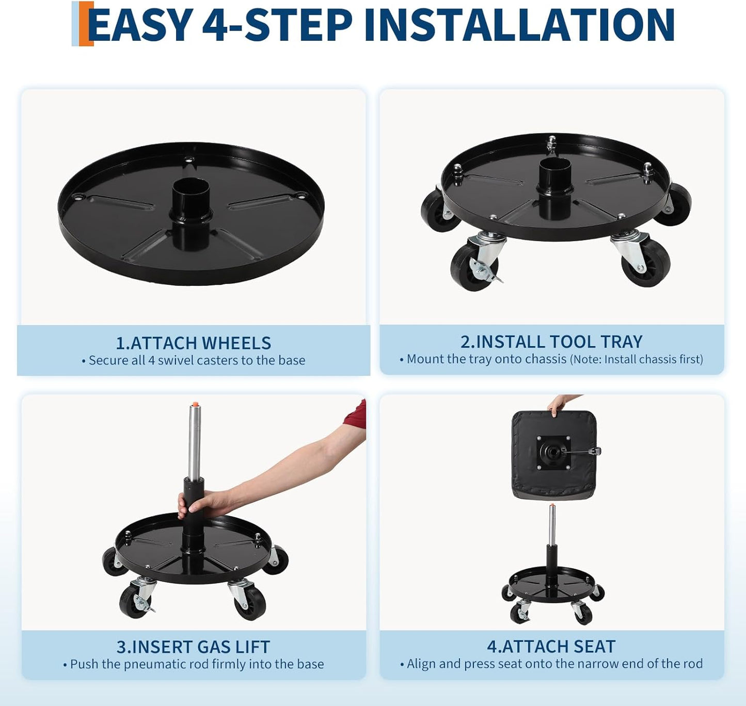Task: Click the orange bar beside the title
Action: point(85,24)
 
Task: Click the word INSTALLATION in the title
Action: point(519,25)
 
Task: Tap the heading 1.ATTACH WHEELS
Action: point(193,343)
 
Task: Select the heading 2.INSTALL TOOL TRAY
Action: point(551,342)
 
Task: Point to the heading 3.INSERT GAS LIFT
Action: point(193,647)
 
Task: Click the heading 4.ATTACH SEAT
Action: point(551,646)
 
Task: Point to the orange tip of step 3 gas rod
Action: point(195,404)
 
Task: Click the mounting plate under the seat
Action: point(553,453)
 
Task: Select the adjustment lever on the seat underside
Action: point(586,452)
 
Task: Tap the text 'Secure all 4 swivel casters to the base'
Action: point(197,360)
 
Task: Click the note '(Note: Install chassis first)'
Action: point(636,359)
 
